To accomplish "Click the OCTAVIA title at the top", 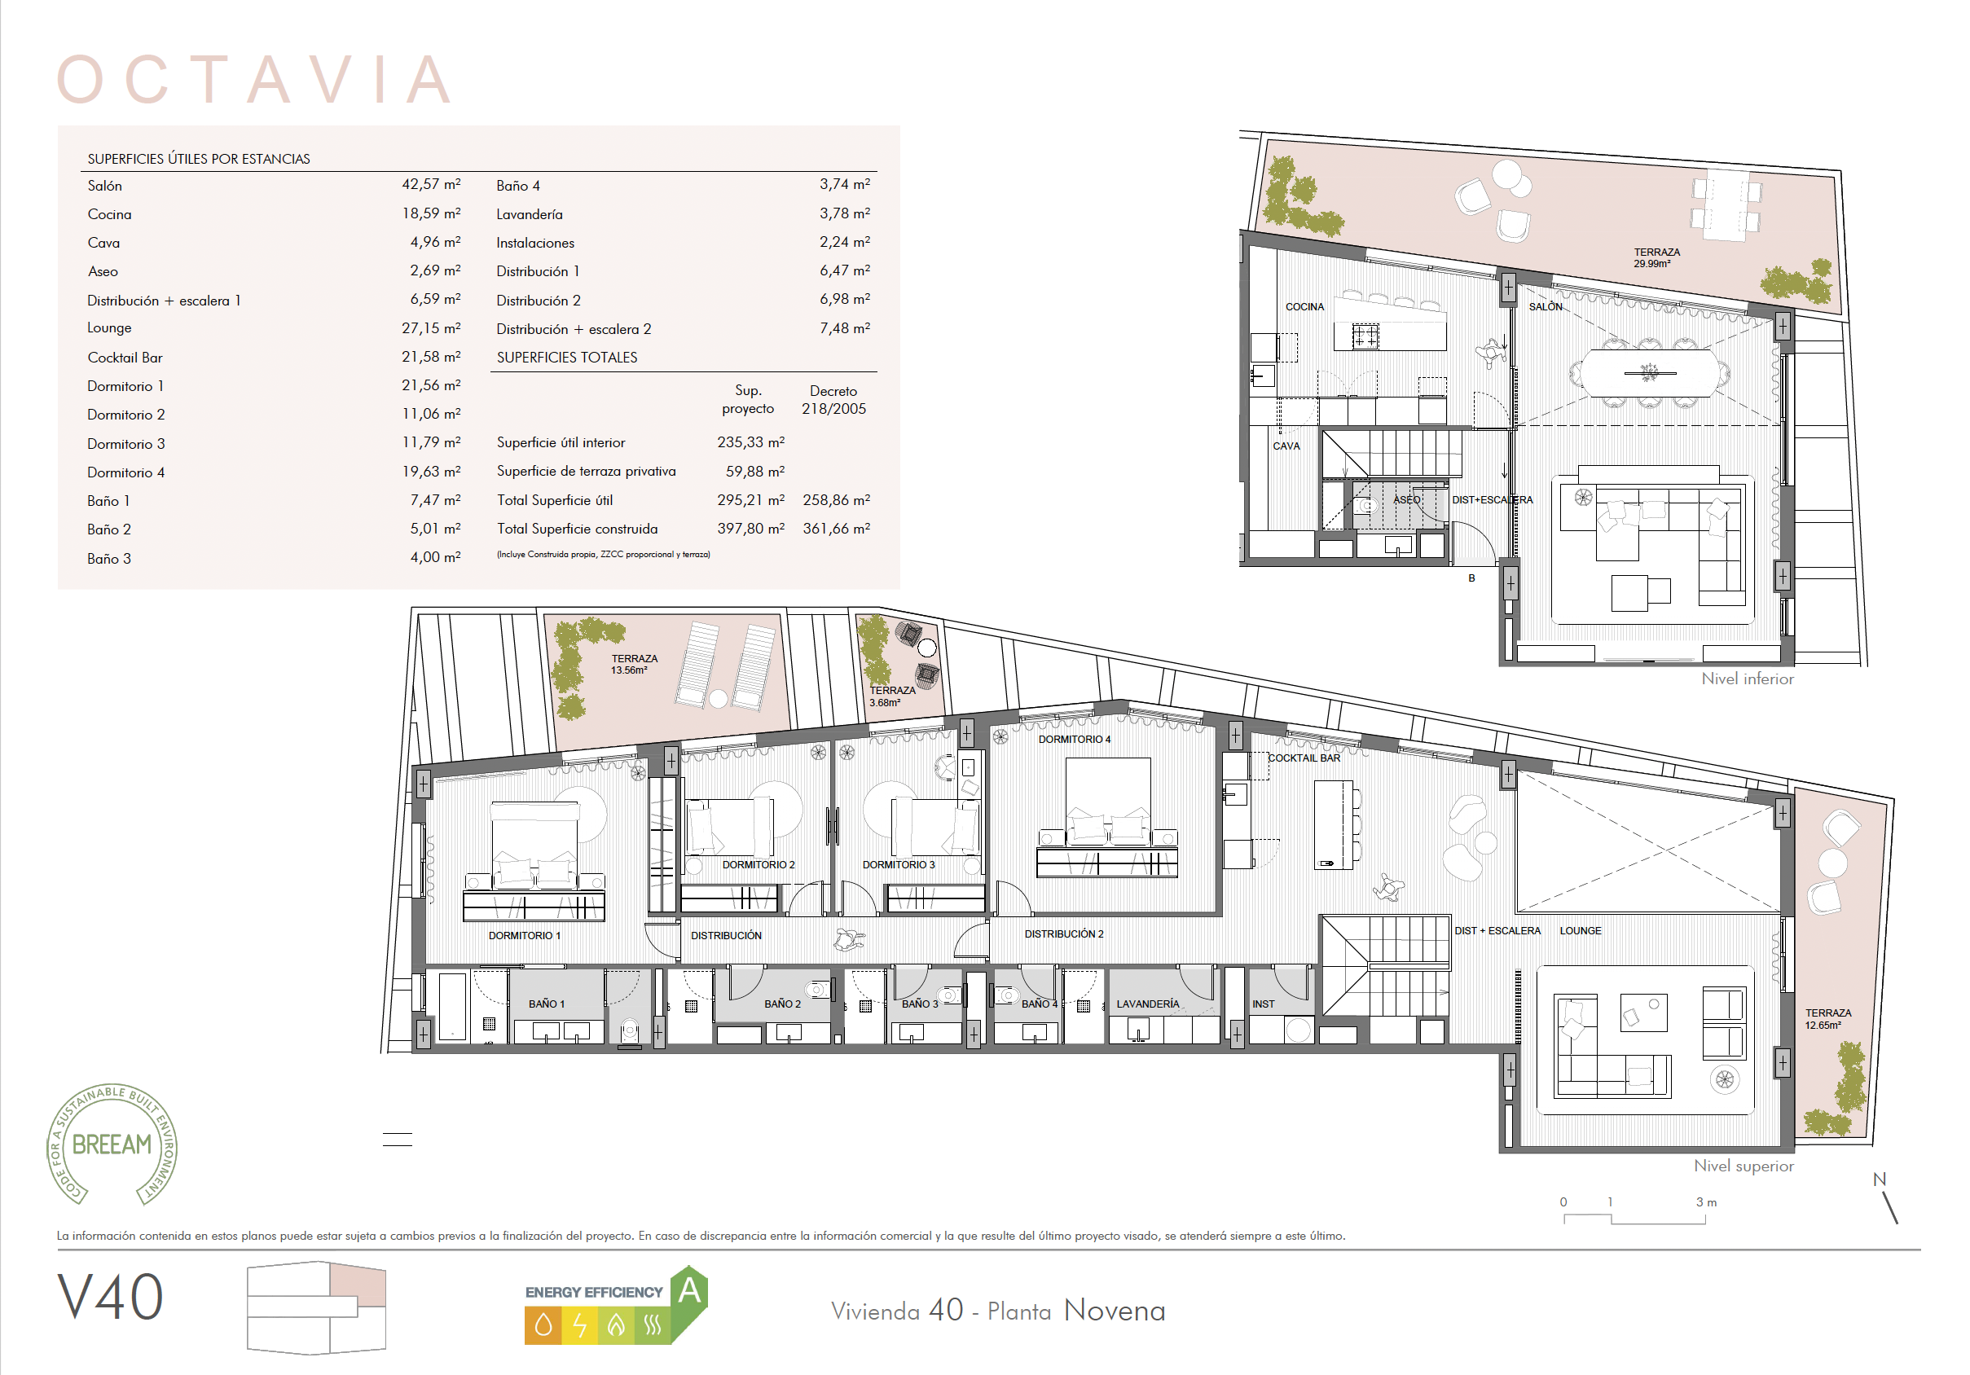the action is (x=254, y=79).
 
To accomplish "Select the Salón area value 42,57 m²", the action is (x=431, y=184).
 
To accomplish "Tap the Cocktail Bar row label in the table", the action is (x=125, y=358).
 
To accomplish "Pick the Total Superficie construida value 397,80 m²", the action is (x=750, y=529).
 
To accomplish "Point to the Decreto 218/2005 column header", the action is (x=833, y=400).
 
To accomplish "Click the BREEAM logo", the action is (x=112, y=1144).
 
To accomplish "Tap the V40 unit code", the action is (x=110, y=1297).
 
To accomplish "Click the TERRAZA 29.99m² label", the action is (x=1656, y=257).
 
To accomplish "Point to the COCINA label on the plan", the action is (x=1304, y=306).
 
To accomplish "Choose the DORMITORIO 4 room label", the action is (x=1075, y=739).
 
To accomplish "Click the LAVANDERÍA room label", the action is (x=1147, y=1004).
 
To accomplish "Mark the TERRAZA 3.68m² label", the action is (x=891, y=696).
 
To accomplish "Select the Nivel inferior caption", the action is (x=1747, y=679).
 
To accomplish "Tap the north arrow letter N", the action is (x=1879, y=1180).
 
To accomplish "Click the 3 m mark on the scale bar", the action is (x=1706, y=1201).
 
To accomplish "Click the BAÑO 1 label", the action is (x=546, y=1004).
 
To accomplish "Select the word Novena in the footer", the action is (x=1115, y=1311).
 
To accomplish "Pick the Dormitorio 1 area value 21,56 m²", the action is (x=431, y=385).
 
